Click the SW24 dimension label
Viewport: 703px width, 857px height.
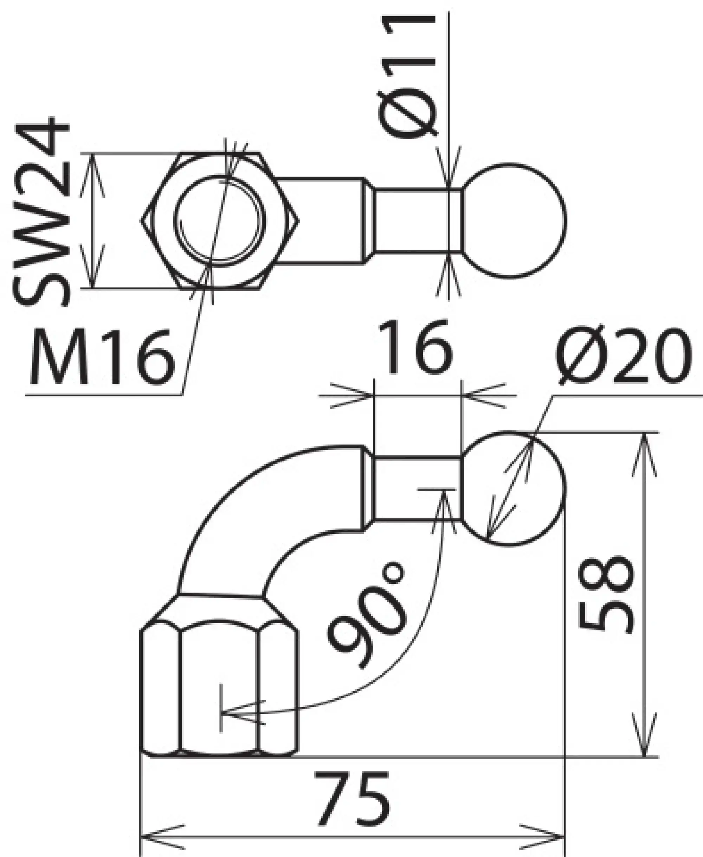[x=42, y=211]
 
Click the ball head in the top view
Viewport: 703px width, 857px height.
[x=514, y=220]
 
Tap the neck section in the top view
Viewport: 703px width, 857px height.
[x=418, y=220]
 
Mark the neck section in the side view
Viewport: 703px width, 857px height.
[x=418, y=488]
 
